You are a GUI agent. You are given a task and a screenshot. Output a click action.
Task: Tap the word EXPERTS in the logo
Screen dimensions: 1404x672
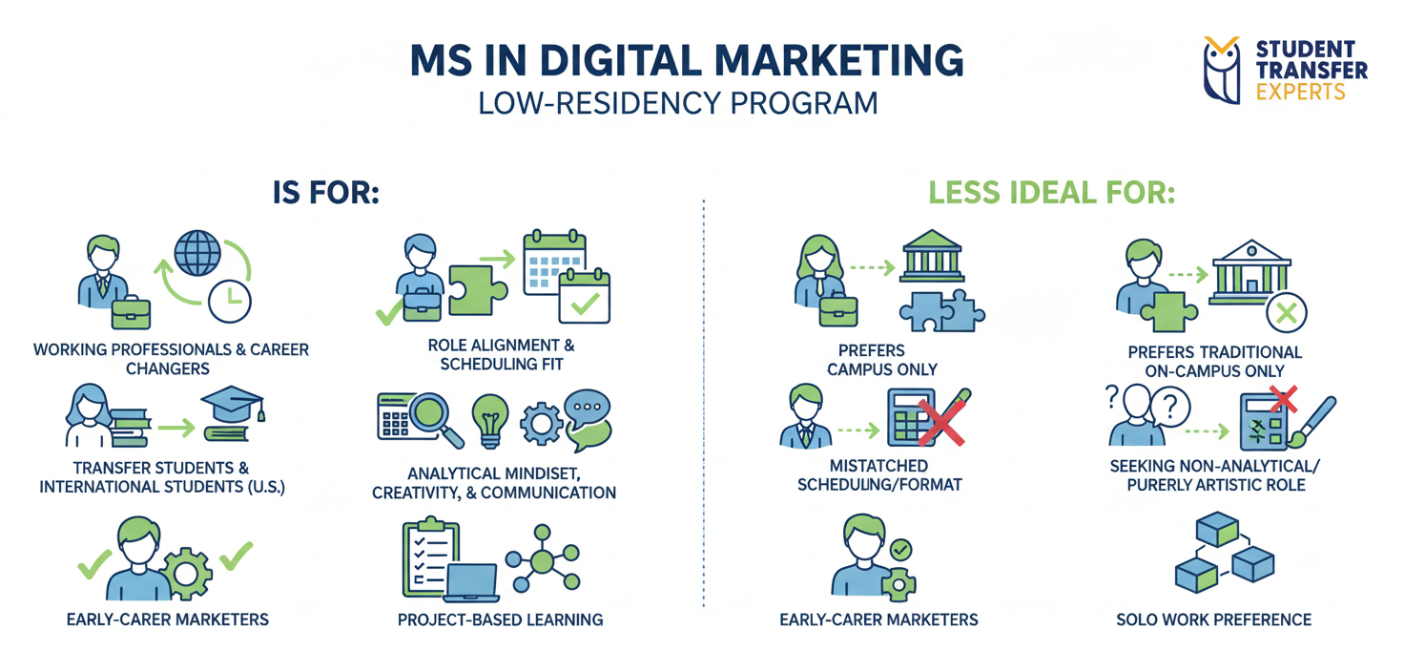[x=1301, y=93]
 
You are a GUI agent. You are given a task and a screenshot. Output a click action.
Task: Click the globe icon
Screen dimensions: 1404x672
[x=198, y=251]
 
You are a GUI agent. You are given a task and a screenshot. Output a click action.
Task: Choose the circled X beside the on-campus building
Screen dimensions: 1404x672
[x=1286, y=311]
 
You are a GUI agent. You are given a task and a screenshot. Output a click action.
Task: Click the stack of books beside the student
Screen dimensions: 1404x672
[x=130, y=426]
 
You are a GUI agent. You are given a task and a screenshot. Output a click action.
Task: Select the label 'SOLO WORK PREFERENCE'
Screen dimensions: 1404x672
[x=1213, y=619]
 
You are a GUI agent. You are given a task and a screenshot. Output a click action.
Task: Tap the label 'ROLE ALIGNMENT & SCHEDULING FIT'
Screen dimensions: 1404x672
[x=502, y=354]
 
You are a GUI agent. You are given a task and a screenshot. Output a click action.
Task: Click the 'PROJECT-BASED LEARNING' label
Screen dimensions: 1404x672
[x=500, y=619]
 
